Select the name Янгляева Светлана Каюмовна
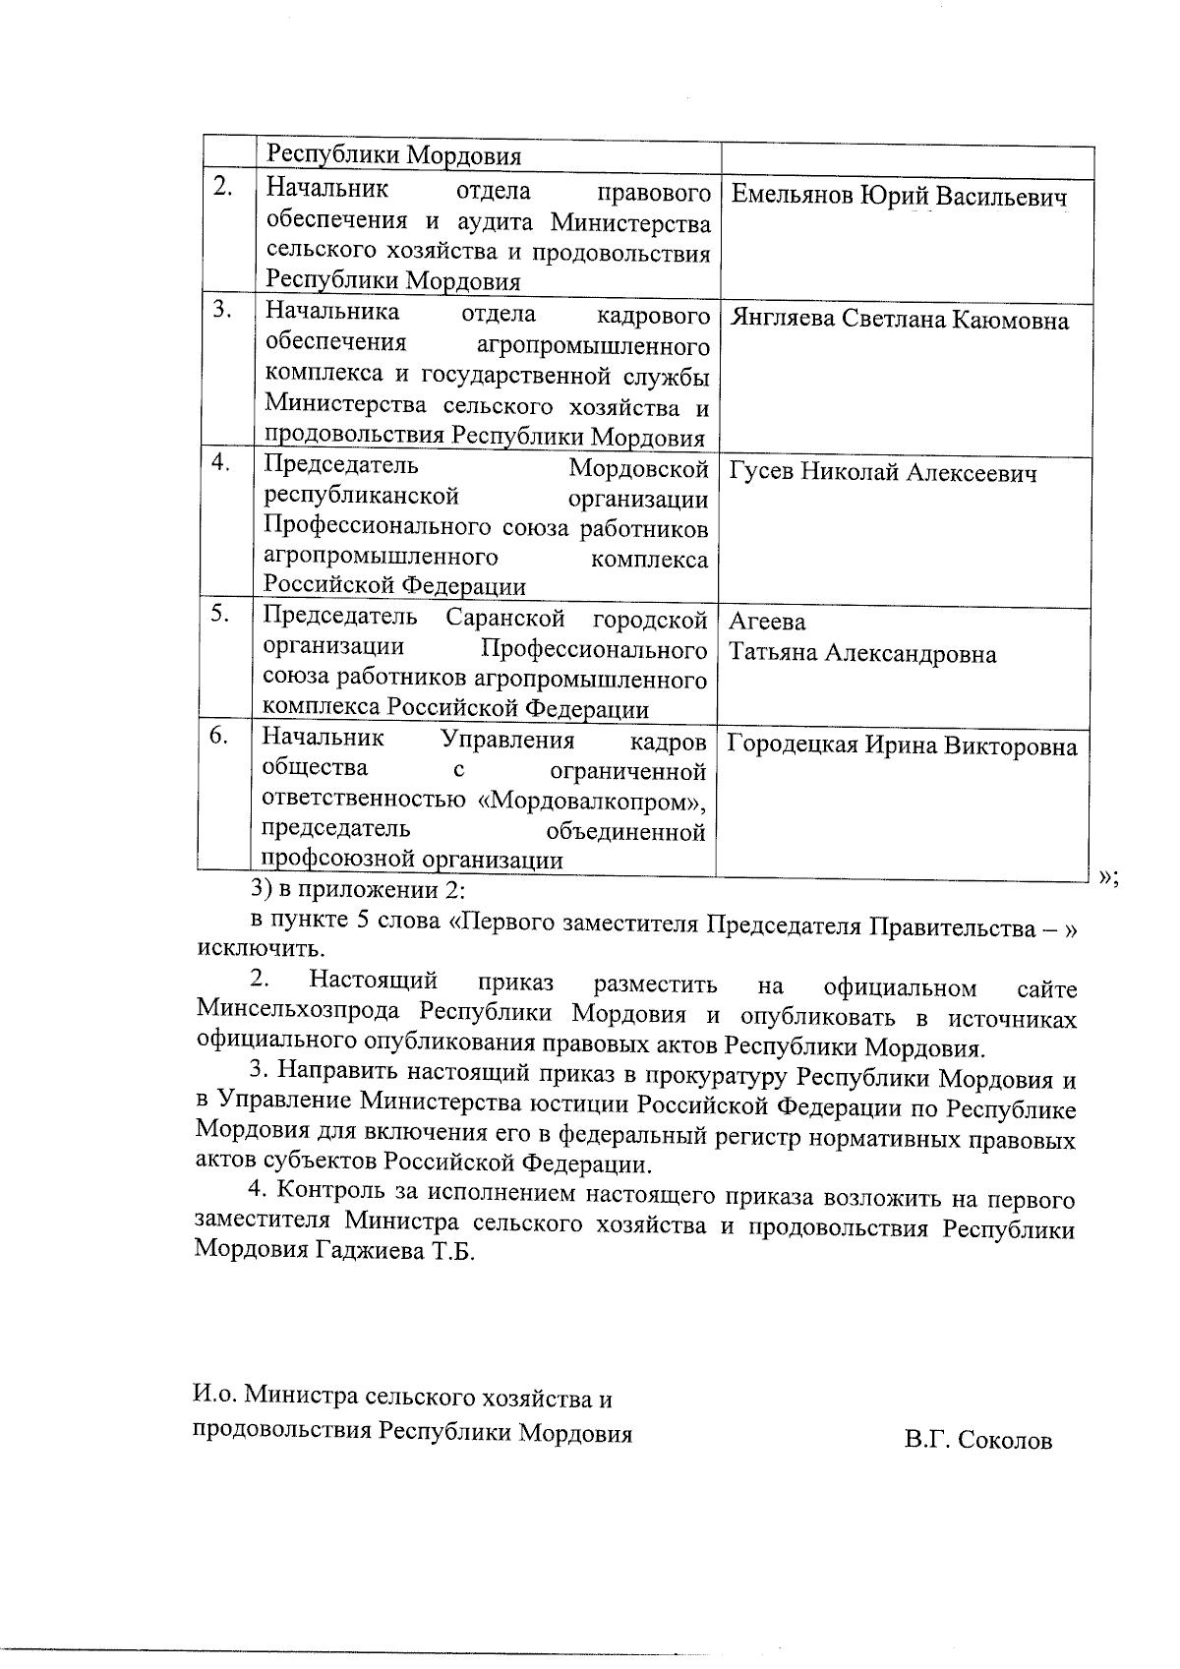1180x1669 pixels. pyautogui.click(x=899, y=321)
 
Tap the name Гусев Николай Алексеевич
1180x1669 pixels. pyautogui.click(x=882, y=474)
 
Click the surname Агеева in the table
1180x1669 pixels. pyautogui.click(x=767, y=622)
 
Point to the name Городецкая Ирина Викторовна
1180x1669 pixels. pyautogui.click(x=902, y=745)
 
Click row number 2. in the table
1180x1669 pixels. pyautogui.click(x=223, y=188)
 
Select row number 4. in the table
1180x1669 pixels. pyautogui.click(x=221, y=462)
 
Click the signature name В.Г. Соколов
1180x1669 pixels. pyautogui.click(x=978, y=1442)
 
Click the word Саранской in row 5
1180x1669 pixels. pyautogui.click(x=504, y=619)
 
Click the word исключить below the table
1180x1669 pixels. pyautogui.click(x=260, y=950)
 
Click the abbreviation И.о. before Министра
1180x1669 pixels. pyautogui.click(x=213, y=1395)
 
